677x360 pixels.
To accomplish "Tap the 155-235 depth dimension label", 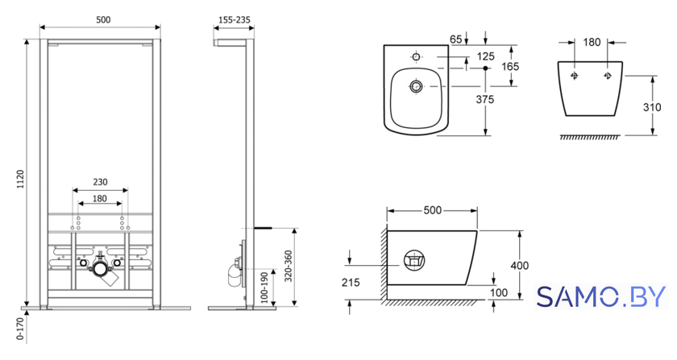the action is tap(235, 20).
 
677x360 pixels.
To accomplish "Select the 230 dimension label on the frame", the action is tap(100, 182).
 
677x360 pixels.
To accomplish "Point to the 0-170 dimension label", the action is tap(20, 329).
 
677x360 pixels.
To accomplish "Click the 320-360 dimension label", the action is tap(289, 266).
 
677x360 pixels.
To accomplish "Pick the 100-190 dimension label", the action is tap(264, 287).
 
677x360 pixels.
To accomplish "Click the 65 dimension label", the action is tap(456, 39).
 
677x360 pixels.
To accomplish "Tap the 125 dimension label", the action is tap(486, 56).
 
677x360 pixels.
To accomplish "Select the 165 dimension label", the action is tap(510, 67).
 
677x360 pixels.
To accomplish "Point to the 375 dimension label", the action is tap(485, 99).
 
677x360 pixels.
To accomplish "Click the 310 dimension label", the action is tap(652, 107).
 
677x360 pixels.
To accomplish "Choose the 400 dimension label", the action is tap(519, 266).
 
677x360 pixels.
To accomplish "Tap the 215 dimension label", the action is tap(351, 283).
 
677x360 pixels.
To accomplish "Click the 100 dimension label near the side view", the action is tap(499, 292).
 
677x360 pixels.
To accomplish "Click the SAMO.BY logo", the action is tap(601, 296).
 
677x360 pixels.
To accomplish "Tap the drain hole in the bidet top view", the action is tap(416, 86).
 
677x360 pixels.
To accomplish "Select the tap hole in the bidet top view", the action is tap(416, 56).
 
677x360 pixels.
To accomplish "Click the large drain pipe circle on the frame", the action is tap(101, 269).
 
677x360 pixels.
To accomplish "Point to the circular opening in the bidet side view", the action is tap(414, 260).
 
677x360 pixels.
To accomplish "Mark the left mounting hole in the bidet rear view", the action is tap(574, 76).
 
